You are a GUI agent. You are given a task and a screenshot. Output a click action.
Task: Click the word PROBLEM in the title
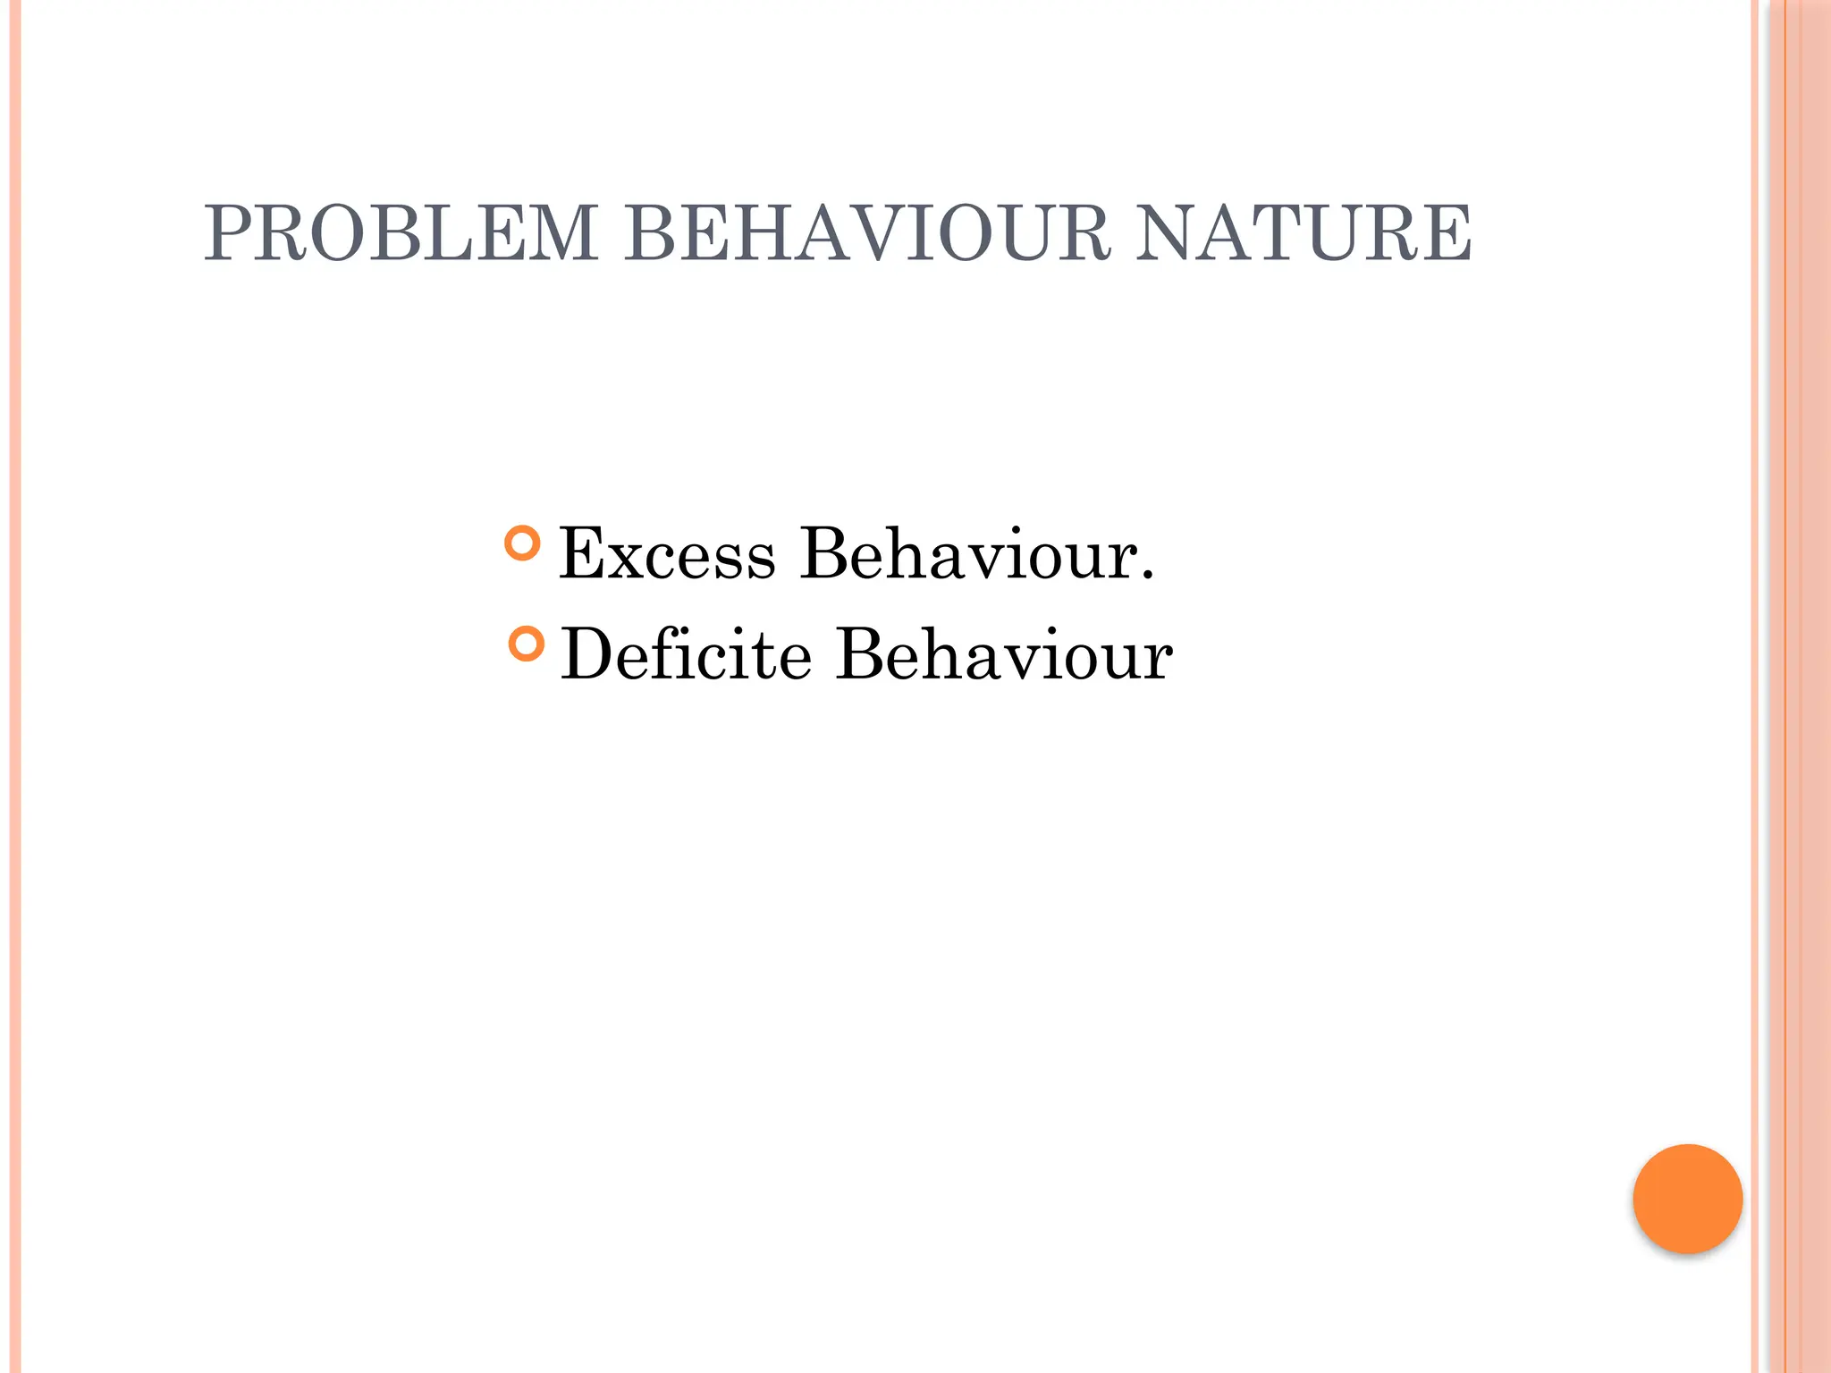click(401, 233)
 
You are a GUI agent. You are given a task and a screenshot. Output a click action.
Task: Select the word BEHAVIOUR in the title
click(866, 233)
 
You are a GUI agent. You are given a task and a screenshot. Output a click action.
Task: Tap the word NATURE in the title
click(1304, 233)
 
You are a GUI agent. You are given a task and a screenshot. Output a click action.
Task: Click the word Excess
click(667, 554)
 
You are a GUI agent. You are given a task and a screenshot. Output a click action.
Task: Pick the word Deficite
click(687, 654)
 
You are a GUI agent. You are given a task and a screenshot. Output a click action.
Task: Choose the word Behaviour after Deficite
click(1004, 654)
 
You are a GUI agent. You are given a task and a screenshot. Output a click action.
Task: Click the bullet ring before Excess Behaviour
click(523, 543)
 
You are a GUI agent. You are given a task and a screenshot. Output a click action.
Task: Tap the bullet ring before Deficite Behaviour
click(526, 644)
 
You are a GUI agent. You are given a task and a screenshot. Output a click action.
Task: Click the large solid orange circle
click(1687, 1199)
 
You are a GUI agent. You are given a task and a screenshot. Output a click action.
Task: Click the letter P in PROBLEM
click(227, 233)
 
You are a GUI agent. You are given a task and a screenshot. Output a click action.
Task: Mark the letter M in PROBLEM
click(561, 233)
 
